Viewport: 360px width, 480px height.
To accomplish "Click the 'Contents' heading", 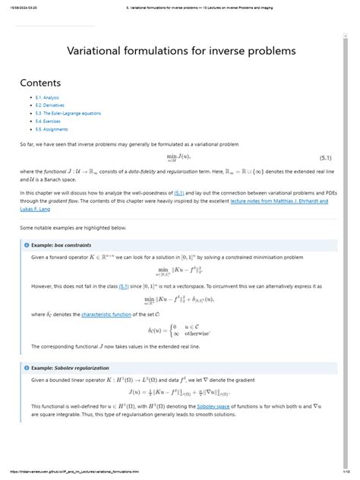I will coord(41,82).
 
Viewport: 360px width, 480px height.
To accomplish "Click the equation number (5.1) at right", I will coord(324,157).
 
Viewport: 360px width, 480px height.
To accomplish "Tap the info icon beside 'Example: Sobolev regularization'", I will coord(27,367).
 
